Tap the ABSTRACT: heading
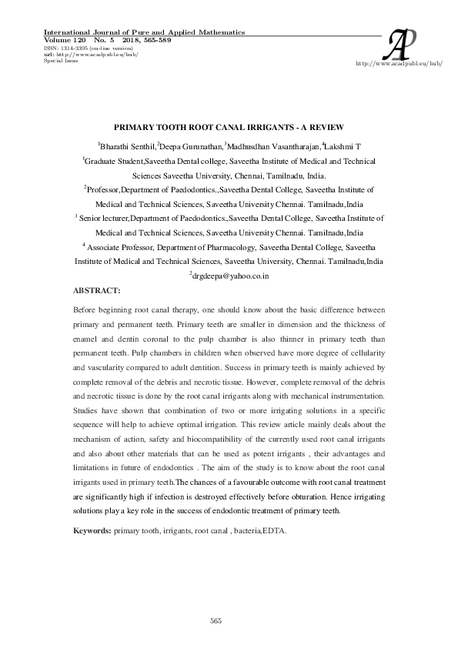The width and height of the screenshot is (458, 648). click(x=96, y=291)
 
